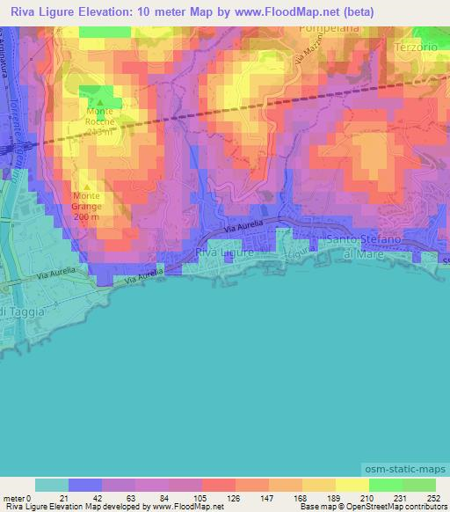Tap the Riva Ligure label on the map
click(224, 252)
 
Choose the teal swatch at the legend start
click(52, 485)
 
